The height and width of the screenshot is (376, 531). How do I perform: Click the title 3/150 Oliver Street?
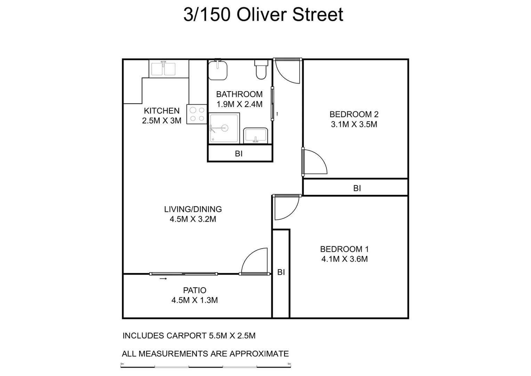tap(263, 15)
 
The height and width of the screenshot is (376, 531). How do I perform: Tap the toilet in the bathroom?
tap(261, 70)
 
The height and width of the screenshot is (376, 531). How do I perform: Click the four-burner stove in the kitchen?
tap(197, 115)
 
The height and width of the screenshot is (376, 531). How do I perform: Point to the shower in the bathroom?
tap(224, 128)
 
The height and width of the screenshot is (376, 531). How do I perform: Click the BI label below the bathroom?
tap(239, 154)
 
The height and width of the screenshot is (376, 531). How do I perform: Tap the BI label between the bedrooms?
tap(357, 188)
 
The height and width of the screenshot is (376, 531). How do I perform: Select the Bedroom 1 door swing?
tap(286, 207)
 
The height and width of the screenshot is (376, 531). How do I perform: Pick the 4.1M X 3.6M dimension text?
tap(344, 259)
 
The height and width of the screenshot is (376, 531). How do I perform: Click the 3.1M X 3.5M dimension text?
tap(354, 124)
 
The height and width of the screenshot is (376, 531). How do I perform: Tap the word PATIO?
tap(195, 290)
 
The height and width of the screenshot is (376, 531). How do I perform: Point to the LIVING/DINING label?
tap(193, 209)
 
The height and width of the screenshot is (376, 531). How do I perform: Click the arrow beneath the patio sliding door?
tap(163, 279)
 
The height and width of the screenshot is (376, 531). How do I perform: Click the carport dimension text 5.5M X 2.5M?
tap(232, 336)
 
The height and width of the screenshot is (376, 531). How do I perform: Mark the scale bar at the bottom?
tap(206, 366)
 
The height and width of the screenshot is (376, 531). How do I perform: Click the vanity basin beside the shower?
tap(255, 135)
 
